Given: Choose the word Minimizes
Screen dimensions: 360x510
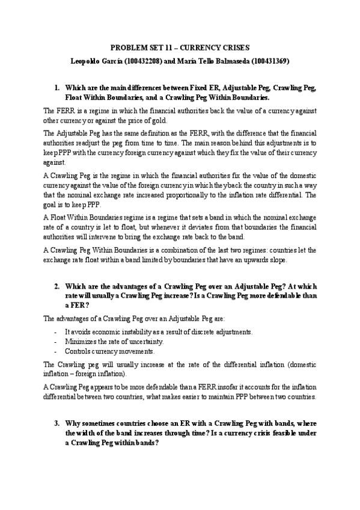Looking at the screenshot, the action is pyautogui.click(x=79, y=341).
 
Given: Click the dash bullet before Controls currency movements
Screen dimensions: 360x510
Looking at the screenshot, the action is pyautogui.click(x=55, y=351).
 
